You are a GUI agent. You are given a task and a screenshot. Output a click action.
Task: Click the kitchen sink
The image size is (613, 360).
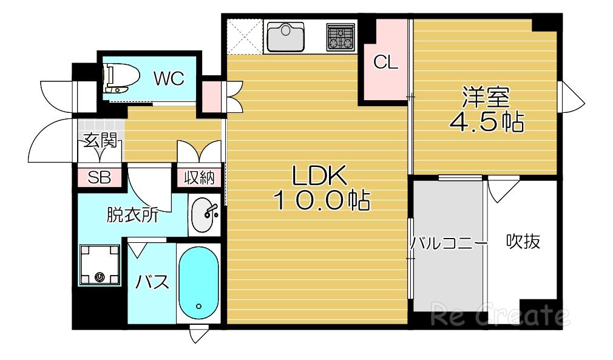(285, 37)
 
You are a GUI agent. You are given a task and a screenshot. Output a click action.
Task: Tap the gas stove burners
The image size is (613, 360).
(340, 37)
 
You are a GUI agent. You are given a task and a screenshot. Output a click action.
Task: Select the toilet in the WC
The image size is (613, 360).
(121, 78)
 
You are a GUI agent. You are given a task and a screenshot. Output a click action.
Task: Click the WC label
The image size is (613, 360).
(169, 78)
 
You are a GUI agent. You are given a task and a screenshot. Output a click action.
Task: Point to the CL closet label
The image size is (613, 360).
(385, 62)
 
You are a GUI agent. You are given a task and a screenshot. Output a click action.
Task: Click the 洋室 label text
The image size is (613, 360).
(486, 97)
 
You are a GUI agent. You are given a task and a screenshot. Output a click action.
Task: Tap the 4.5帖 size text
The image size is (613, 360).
(486, 123)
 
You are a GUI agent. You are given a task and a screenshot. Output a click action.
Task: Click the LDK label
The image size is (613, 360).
(320, 175)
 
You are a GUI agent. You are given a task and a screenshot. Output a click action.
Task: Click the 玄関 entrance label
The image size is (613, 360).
(101, 140)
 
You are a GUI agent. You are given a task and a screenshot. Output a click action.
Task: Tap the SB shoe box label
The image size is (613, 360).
(100, 177)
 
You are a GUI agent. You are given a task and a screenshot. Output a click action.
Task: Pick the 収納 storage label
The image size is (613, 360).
(200, 178)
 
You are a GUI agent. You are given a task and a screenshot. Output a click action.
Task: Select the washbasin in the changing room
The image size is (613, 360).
(203, 214)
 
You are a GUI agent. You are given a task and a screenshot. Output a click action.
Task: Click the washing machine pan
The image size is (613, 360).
(100, 265)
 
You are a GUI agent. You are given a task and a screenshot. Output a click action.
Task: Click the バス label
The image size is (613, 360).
(152, 281)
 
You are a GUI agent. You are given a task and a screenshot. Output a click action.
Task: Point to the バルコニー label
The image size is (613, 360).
(449, 243)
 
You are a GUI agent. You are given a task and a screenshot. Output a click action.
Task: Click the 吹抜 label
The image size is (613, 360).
(523, 241)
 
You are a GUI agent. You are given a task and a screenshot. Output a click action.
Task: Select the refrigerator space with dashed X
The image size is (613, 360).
(245, 36)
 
